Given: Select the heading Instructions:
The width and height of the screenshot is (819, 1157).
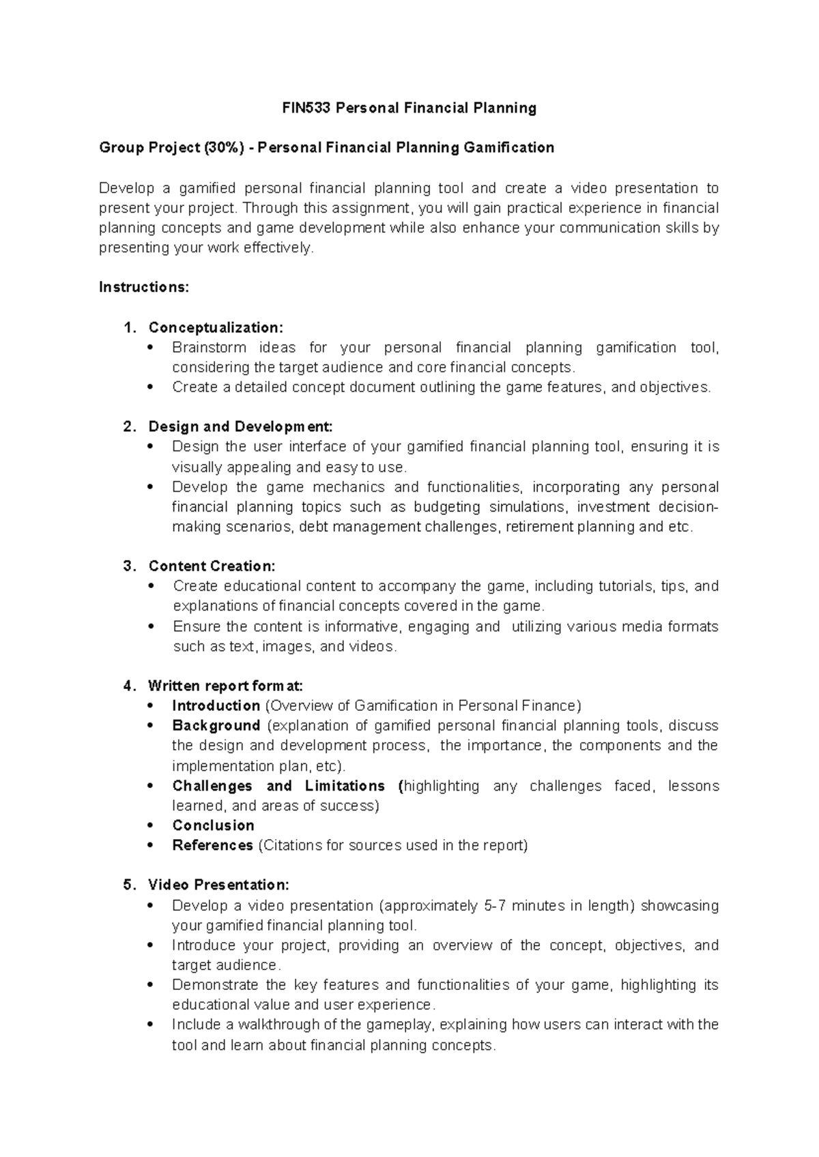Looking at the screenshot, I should pos(143,287).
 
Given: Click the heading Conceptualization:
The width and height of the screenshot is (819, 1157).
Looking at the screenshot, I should pos(215,327).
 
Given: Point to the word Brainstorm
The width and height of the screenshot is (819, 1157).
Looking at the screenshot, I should pos(209,348).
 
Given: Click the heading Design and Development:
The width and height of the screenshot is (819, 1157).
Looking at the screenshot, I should pos(240,427).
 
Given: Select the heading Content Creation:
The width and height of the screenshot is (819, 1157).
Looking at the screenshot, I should pos(212,566).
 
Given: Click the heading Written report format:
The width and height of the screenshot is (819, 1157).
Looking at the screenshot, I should pos(225,686).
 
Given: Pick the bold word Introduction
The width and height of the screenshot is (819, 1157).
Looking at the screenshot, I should pos(216,705).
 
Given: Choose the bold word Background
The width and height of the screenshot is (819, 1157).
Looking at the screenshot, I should pos(216,725).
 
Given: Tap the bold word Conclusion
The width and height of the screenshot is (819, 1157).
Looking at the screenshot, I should pos(213,825).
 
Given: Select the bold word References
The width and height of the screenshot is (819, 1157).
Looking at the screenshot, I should pos(212,845).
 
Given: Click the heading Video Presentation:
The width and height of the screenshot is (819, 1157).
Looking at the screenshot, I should pos(218,885).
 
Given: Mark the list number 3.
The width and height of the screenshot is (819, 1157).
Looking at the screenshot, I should pos(128,566).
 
